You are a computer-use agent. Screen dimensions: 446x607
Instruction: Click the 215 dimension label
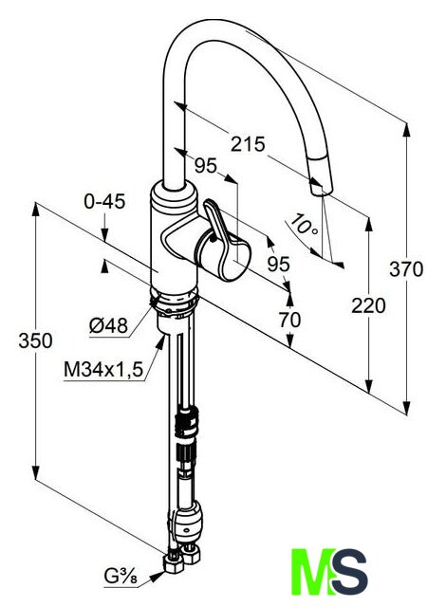tap(248, 144)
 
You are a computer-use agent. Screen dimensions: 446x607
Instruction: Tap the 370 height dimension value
tap(406, 269)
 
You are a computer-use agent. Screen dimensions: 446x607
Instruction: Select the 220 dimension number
tap(368, 305)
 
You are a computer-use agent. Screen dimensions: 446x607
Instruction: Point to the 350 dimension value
tap(35, 341)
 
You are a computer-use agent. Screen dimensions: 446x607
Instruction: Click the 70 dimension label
tap(289, 321)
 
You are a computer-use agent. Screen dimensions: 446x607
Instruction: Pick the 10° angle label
tap(305, 225)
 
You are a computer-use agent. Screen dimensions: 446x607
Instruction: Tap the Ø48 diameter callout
tap(108, 325)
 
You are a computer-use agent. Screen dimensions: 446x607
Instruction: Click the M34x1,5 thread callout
tap(103, 369)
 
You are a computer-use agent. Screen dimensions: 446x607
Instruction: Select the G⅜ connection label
tap(121, 578)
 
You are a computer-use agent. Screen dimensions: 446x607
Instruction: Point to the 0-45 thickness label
tap(104, 202)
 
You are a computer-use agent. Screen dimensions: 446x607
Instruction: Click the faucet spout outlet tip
tap(322, 190)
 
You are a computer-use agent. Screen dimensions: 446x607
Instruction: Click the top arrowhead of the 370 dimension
tap(406, 129)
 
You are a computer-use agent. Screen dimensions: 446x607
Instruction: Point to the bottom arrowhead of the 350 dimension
tap(36, 472)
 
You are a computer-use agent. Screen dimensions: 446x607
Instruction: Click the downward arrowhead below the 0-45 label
tap(104, 234)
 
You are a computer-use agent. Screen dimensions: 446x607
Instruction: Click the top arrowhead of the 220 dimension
tap(368, 225)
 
